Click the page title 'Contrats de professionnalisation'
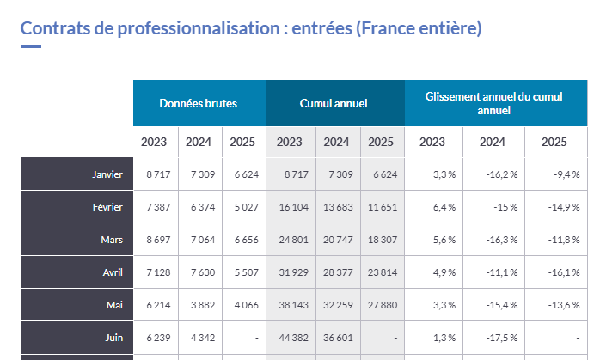(x=250, y=27)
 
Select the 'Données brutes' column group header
(x=199, y=103)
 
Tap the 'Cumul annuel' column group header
(x=334, y=103)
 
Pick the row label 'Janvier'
(x=107, y=174)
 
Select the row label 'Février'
(x=107, y=207)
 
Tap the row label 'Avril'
(x=112, y=272)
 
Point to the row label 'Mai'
(x=115, y=305)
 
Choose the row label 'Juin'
(x=113, y=338)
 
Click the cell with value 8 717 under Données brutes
(x=157, y=174)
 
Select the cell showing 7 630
(x=199, y=272)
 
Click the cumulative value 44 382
(x=290, y=338)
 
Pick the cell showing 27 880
(x=381, y=305)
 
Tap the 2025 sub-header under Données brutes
(x=243, y=142)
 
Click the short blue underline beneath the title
(x=30, y=46)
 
